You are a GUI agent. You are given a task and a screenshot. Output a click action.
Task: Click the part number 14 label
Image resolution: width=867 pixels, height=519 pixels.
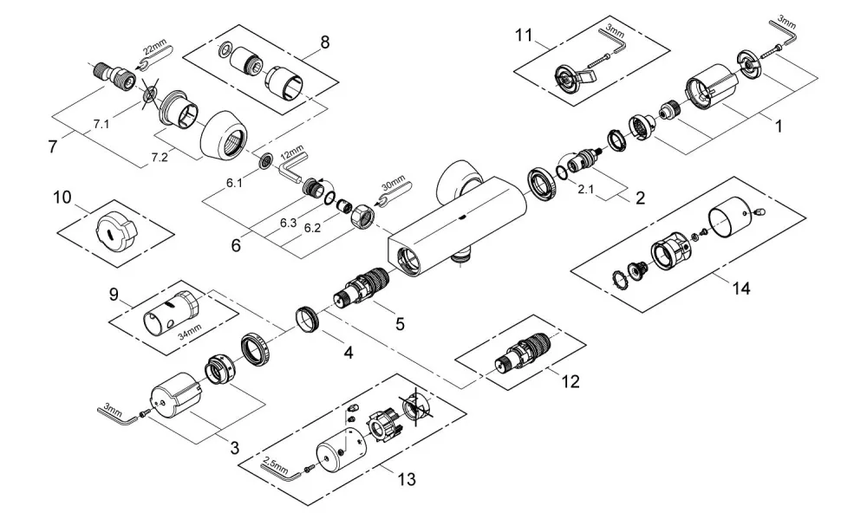click(741, 288)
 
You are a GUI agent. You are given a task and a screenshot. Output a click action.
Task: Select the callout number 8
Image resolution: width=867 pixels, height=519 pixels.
click(324, 42)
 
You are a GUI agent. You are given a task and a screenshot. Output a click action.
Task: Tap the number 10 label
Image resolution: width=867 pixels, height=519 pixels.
click(62, 197)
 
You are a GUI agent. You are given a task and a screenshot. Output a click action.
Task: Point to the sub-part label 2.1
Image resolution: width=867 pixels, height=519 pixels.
click(585, 190)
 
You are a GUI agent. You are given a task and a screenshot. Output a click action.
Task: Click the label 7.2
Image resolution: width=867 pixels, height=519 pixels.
click(160, 159)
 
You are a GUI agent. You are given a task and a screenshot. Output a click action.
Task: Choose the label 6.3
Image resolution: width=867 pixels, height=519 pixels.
click(288, 223)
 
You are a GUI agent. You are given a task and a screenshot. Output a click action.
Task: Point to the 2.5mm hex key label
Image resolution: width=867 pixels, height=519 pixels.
click(276, 465)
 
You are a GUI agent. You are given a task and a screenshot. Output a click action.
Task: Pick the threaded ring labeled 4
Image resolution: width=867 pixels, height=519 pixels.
click(308, 319)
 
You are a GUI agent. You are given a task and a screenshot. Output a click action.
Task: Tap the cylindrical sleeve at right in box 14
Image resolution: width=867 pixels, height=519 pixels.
click(730, 219)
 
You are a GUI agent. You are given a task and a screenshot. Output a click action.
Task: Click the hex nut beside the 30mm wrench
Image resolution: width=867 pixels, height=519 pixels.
click(362, 212)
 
